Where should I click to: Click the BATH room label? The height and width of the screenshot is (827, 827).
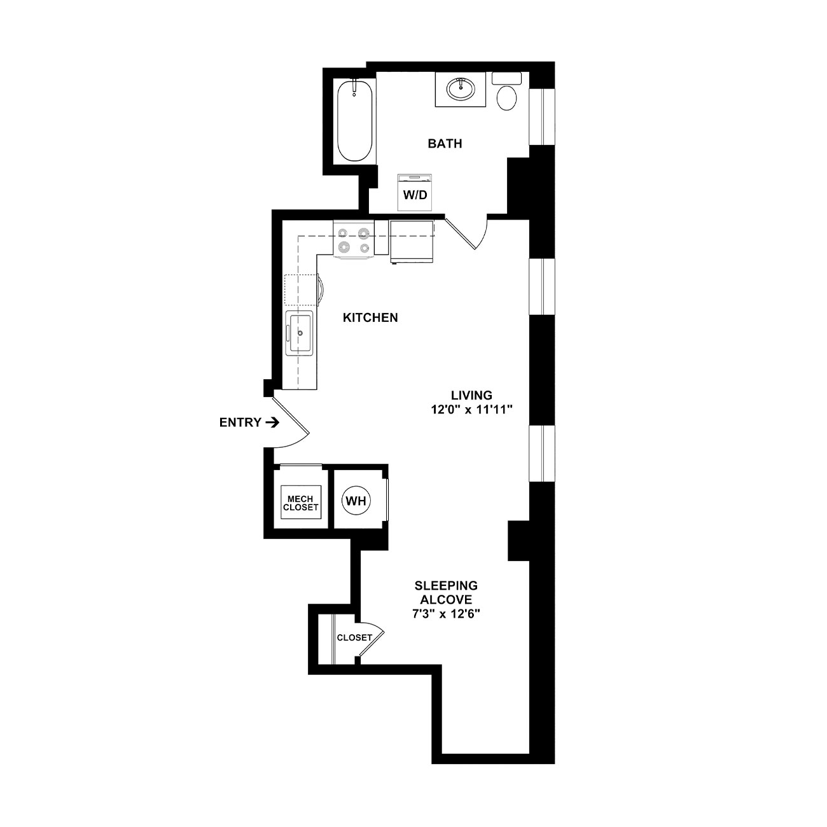(x=445, y=143)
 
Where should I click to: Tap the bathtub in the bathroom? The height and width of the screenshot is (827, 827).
(x=354, y=121)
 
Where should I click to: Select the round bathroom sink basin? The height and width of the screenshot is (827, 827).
(x=461, y=89)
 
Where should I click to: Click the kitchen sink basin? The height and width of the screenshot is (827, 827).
(x=300, y=333)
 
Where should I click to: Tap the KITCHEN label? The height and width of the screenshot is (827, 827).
(x=370, y=317)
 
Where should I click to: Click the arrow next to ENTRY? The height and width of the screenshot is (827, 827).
(x=272, y=423)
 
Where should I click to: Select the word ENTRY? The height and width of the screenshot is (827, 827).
(x=240, y=423)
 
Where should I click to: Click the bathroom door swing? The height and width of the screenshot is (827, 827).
(x=468, y=234)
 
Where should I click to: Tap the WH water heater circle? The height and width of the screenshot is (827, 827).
(x=356, y=501)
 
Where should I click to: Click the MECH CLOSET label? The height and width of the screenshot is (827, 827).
(x=300, y=503)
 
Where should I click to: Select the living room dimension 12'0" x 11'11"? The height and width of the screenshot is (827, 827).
(x=471, y=410)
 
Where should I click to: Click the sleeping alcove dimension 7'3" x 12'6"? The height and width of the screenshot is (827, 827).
(x=446, y=614)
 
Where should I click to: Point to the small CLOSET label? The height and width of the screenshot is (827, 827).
(x=354, y=637)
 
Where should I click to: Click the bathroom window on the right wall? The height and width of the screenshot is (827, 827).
(x=542, y=116)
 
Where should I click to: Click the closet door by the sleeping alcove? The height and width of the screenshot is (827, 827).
(x=372, y=639)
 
